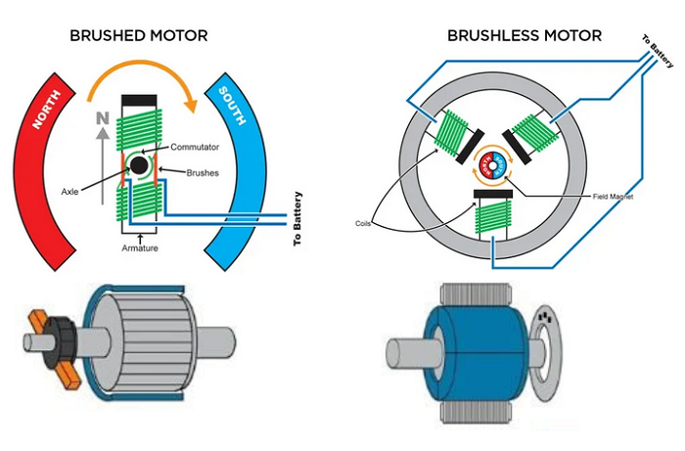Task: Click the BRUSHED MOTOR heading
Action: pos(137,36)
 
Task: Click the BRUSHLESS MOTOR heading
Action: pos(525,36)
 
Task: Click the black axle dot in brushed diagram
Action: pos(140,167)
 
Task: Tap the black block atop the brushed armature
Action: pos(140,101)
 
